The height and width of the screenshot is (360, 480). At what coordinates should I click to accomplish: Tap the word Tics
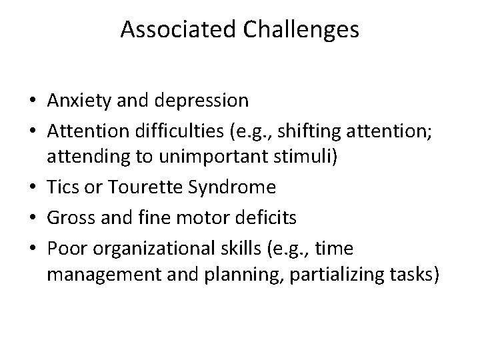click(64, 188)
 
